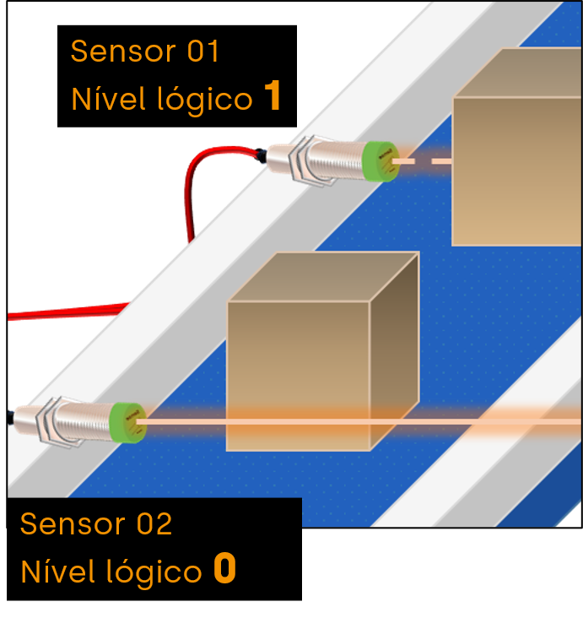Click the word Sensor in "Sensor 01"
pyautogui.click(x=122, y=51)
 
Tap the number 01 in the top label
pyautogui.click(x=203, y=51)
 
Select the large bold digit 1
pyautogui.click(x=272, y=97)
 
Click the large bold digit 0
pyautogui.click(x=224, y=570)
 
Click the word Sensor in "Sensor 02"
pyautogui.click(x=72, y=524)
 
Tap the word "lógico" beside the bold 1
pyautogui.click(x=205, y=100)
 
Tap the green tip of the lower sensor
pyautogui.click(x=128, y=420)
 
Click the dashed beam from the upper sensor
pyautogui.click(x=422, y=160)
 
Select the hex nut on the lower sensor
pyautogui.click(x=53, y=420)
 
